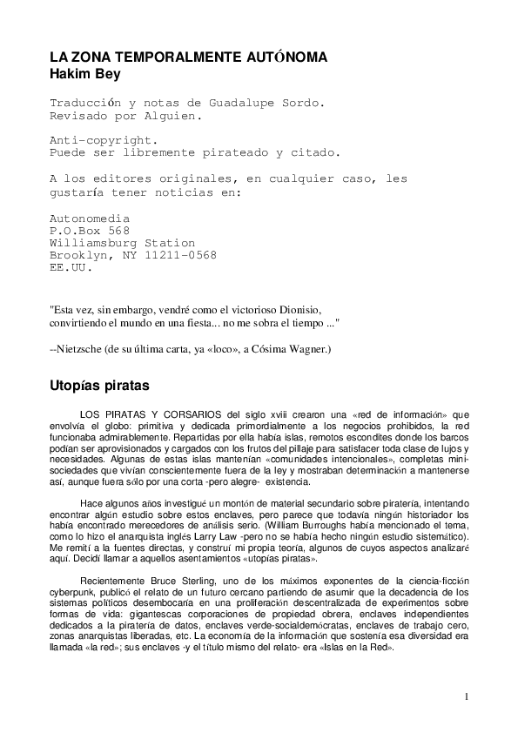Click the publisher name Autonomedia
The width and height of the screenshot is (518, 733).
point(90,219)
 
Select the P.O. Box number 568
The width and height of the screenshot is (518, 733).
point(118,231)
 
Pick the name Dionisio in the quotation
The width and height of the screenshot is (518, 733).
point(299,309)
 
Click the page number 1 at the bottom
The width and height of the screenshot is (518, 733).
point(467,696)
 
